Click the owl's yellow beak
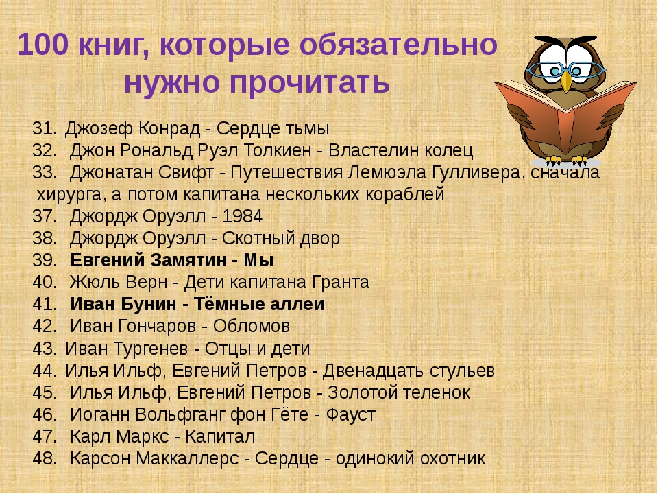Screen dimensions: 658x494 click(566, 81)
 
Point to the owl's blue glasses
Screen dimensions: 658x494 click(566, 70)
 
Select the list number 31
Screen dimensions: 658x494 click(44, 128)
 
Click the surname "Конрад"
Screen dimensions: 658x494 click(169, 128)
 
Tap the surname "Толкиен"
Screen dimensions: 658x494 click(278, 150)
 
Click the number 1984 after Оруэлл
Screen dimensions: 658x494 click(242, 216)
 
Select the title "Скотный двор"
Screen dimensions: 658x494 click(281, 238)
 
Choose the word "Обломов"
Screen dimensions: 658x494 click(252, 326)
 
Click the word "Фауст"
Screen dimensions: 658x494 click(350, 414)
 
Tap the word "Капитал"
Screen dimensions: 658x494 click(220, 436)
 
